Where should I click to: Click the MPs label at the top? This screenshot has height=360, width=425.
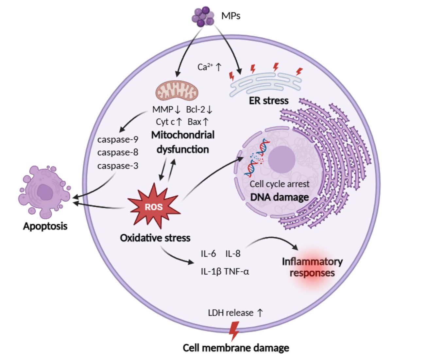tap(231, 15)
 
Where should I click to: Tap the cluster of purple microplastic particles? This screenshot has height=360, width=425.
tap(203, 16)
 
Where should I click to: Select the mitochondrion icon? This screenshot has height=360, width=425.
tap(177, 90)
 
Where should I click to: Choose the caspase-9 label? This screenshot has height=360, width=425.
tap(118, 139)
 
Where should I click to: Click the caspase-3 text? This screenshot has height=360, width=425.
tap(118, 166)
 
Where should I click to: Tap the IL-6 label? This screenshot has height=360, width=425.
tap(208, 254)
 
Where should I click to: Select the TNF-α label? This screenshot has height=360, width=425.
tap(236, 271)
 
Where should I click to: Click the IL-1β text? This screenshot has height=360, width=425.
tap(211, 271)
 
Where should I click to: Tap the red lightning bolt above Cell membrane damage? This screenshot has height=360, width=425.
tap(234, 331)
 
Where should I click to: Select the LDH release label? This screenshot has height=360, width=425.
tap(231, 313)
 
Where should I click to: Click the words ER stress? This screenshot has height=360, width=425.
tap(269, 100)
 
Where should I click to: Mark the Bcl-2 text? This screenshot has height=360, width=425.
tap(196, 110)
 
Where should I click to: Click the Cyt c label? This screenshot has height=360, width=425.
tap(165, 122)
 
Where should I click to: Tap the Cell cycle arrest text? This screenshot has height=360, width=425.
tap(280, 184)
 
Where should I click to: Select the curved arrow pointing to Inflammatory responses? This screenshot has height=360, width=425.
tap(275, 242)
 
